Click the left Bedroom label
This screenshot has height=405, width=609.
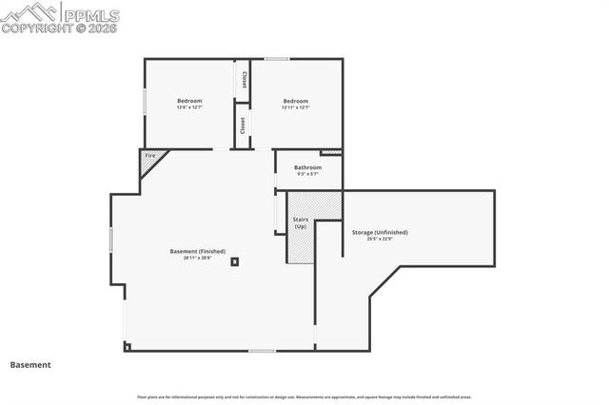click(x=189, y=101)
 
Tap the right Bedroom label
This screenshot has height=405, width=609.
click(x=295, y=101)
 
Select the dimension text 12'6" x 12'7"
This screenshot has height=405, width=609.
click(x=189, y=107)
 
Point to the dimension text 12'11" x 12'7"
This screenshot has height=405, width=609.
click(x=295, y=107)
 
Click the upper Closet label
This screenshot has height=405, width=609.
click(x=244, y=79)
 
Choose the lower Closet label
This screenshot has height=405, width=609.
click(x=243, y=125)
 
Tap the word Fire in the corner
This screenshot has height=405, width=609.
click(x=149, y=155)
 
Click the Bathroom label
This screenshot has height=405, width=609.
click(x=307, y=167)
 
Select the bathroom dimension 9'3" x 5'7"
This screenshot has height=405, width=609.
click(x=307, y=174)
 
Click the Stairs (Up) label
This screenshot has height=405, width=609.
click(x=300, y=223)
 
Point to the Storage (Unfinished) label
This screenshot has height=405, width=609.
click(x=380, y=232)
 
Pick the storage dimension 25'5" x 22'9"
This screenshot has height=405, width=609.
click(x=380, y=239)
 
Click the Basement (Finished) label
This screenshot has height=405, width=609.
click(x=198, y=251)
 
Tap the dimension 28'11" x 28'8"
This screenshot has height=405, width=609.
click(x=198, y=258)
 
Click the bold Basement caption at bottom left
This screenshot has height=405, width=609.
click(x=30, y=364)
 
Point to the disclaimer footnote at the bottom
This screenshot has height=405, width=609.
click(x=304, y=396)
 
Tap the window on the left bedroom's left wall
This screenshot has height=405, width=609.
click(x=145, y=101)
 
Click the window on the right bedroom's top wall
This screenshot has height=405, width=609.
click(x=277, y=60)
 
